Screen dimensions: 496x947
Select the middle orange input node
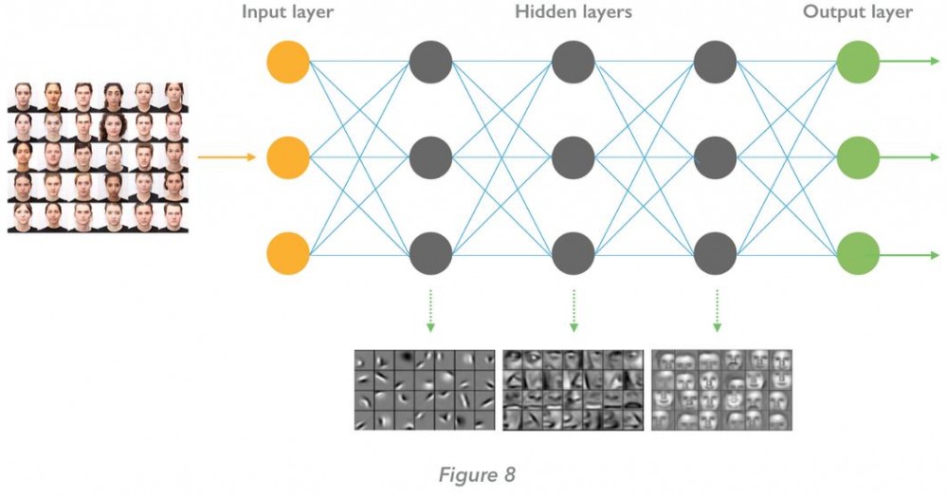pyautogui.click(x=289, y=157)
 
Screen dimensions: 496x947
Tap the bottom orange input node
pyautogui.click(x=289, y=254)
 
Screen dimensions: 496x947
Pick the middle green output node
pyautogui.click(x=858, y=157)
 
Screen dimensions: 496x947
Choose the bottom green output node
pyautogui.click(x=858, y=254)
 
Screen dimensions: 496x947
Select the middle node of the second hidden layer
pyautogui.click(x=574, y=157)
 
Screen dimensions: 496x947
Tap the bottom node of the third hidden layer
pyautogui.click(x=716, y=254)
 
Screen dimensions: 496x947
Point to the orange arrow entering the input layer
pyautogui.click(x=228, y=157)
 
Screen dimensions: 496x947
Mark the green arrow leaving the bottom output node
pyautogui.click(x=910, y=254)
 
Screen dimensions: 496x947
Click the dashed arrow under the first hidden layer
pyautogui.click(x=431, y=310)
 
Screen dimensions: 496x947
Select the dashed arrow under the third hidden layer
pyautogui.click(x=716, y=310)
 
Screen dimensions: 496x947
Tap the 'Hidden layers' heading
pyautogui.click(x=574, y=13)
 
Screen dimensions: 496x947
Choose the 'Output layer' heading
pyautogui.click(x=858, y=13)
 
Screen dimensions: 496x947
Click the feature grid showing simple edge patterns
pyautogui.click(x=425, y=390)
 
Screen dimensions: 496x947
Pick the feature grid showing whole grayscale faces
pyautogui.click(x=721, y=390)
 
